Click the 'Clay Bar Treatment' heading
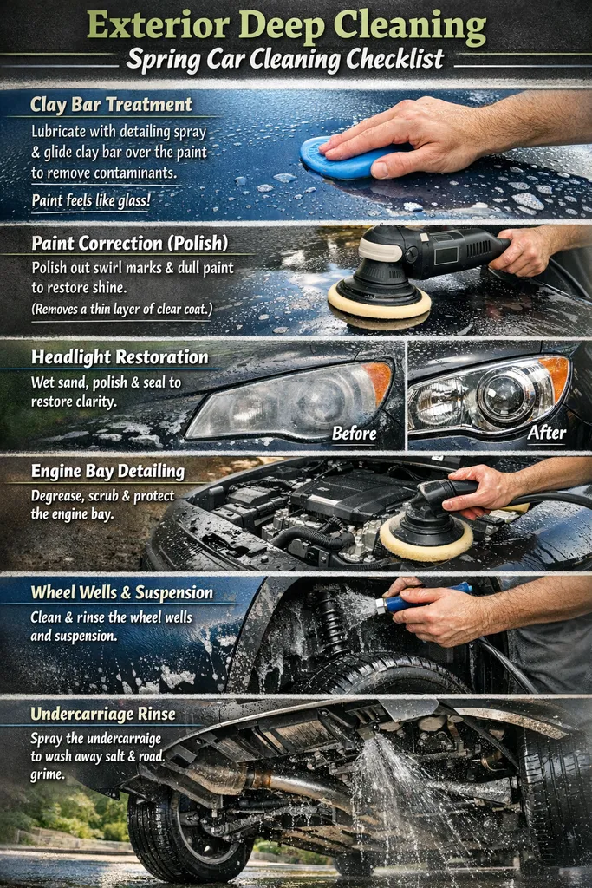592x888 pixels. pyautogui.click(x=111, y=105)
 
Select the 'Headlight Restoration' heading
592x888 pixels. pyautogui.click(x=120, y=357)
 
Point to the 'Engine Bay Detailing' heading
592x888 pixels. pyautogui.click(x=107, y=472)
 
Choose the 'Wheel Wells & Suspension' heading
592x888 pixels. pyautogui.click(x=121, y=593)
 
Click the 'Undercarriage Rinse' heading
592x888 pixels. pyautogui.click(x=103, y=715)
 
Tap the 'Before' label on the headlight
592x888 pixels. pyautogui.click(x=355, y=433)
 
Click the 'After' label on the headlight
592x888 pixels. pyautogui.click(x=546, y=432)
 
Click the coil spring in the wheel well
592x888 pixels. pyautogui.click(x=331, y=624)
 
